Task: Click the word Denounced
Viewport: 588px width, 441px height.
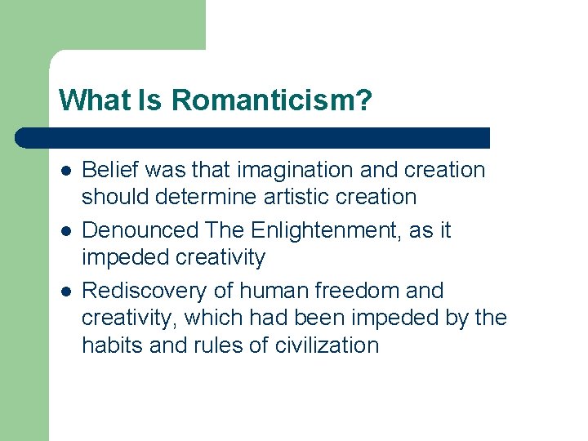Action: tap(142, 230)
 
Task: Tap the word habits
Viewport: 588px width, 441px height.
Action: tap(109, 345)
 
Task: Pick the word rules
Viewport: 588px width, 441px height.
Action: tap(207, 345)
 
